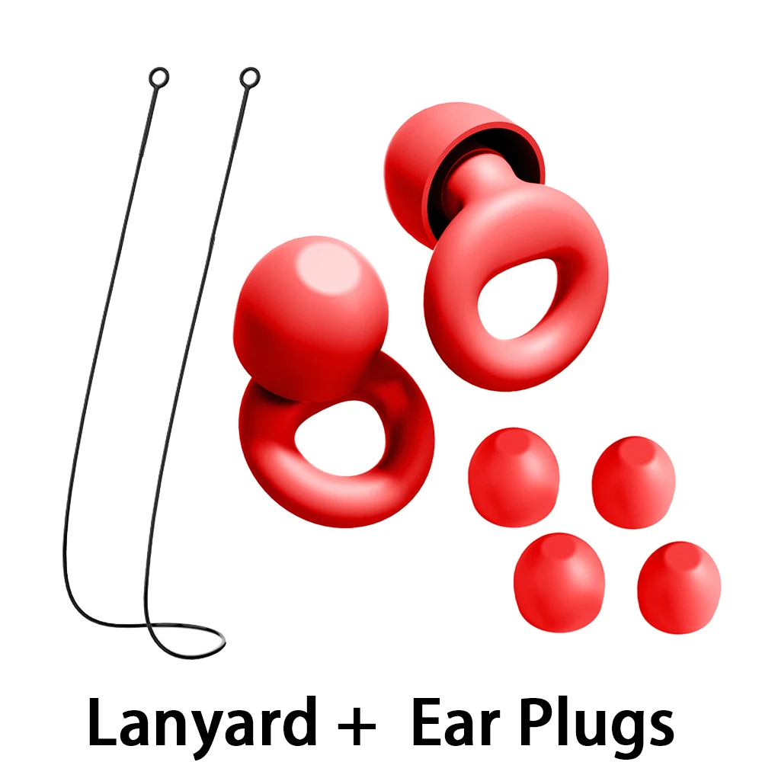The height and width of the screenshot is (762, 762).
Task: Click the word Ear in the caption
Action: [x=456, y=722]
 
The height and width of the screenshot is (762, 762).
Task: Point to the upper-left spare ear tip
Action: [x=514, y=477]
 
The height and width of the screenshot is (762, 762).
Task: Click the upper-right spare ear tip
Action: [x=634, y=482]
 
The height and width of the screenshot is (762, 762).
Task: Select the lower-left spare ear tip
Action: [x=559, y=582]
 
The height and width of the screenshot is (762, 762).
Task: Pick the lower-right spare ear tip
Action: [x=679, y=588]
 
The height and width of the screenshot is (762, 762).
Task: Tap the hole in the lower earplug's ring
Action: [x=340, y=439]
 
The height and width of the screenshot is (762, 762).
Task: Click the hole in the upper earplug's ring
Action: [x=520, y=298]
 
